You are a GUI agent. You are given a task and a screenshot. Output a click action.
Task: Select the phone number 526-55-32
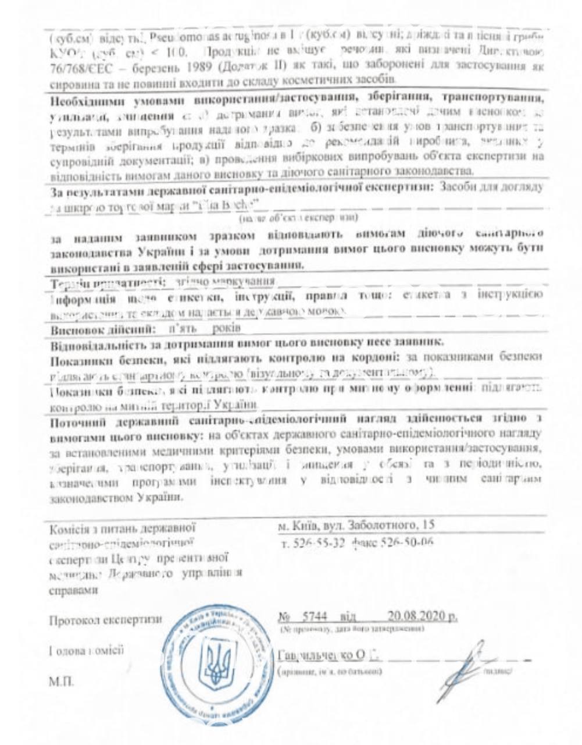click(x=315, y=544)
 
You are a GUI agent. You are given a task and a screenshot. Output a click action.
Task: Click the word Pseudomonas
click(x=174, y=37)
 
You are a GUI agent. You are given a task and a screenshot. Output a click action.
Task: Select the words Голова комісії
click(x=87, y=651)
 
